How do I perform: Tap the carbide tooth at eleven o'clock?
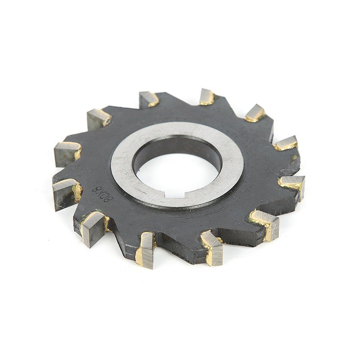pyautogui.click(x=148, y=99)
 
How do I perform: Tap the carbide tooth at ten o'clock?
pyautogui.click(x=98, y=118)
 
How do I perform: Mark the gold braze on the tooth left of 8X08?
pyautogui.click(x=77, y=193)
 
